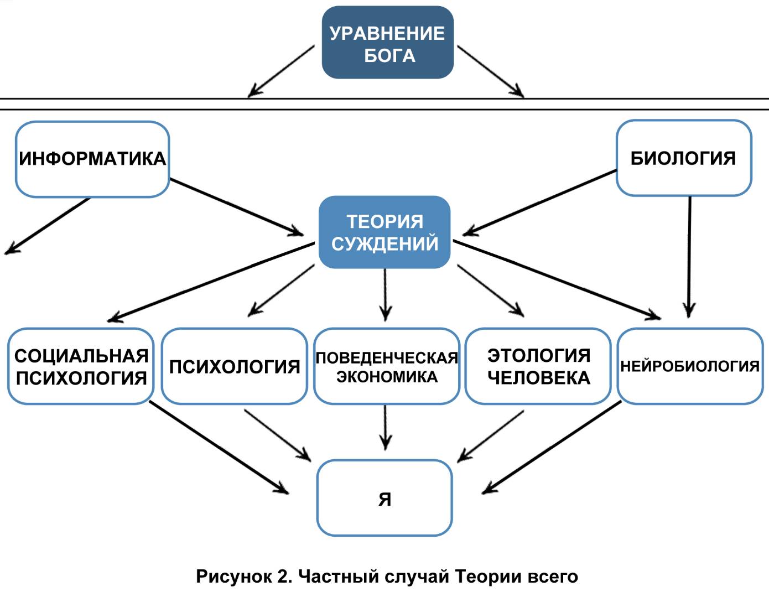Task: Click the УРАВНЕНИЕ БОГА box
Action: [x=387, y=43]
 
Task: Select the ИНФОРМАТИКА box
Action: [x=92, y=159]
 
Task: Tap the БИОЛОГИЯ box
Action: [x=683, y=158]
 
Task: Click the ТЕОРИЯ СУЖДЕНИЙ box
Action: [x=385, y=232]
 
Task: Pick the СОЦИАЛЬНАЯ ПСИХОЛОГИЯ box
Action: [x=81, y=366]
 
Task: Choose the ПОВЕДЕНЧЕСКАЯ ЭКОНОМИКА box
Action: [x=386, y=366]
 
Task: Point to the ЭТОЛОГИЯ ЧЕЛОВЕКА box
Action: [x=538, y=366]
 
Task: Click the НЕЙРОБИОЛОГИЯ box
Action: [x=690, y=366]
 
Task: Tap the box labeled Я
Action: [x=385, y=498]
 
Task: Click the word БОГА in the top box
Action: [x=389, y=55]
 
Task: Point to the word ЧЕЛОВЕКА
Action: [x=538, y=378]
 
